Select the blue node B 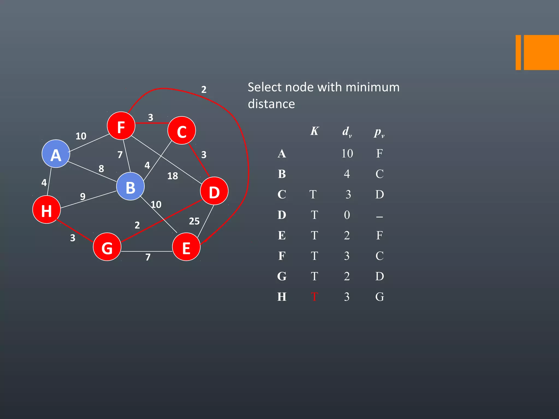130,186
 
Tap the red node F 121,126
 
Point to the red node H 46,209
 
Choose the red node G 107,247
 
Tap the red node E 186,247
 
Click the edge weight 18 173,176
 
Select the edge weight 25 194,221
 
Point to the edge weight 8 101,169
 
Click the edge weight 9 83,196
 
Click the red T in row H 314,297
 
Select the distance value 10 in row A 347,154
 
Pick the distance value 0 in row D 347,215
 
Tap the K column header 314,131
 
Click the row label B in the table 282,174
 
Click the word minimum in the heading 373,87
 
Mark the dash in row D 379,217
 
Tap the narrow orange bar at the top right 518,52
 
